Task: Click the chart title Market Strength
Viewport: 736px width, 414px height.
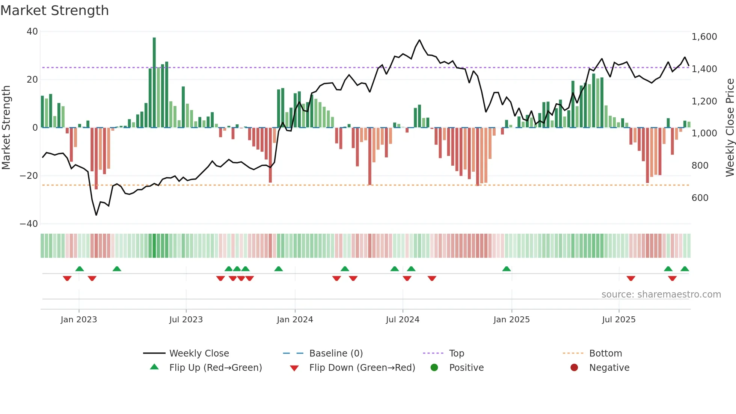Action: [54, 11]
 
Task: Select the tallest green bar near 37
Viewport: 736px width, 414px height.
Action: [154, 82]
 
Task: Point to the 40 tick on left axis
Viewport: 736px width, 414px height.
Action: [32, 32]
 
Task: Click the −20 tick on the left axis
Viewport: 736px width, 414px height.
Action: [29, 176]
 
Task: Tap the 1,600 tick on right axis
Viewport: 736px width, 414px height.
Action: [704, 37]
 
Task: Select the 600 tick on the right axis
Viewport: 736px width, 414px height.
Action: [700, 198]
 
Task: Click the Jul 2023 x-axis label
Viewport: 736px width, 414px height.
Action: [186, 320]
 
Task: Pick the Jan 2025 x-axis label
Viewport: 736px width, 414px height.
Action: [511, 320]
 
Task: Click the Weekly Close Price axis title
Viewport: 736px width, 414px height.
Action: [730, 128]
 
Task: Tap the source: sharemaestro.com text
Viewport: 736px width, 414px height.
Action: [661, 295]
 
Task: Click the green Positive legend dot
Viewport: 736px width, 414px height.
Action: [434, 368]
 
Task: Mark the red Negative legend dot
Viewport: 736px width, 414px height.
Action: [574, 368]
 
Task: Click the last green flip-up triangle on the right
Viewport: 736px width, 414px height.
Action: [685, 269]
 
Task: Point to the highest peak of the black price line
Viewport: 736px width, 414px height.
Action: [419, 40]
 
